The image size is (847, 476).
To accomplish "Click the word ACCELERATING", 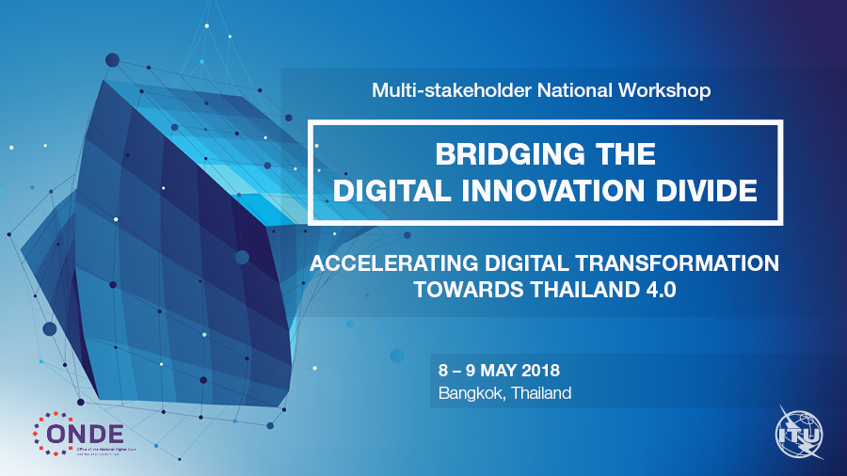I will pos(394,263).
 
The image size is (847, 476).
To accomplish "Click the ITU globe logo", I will pos(798,432).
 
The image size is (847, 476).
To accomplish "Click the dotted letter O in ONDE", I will pos(52,433).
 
